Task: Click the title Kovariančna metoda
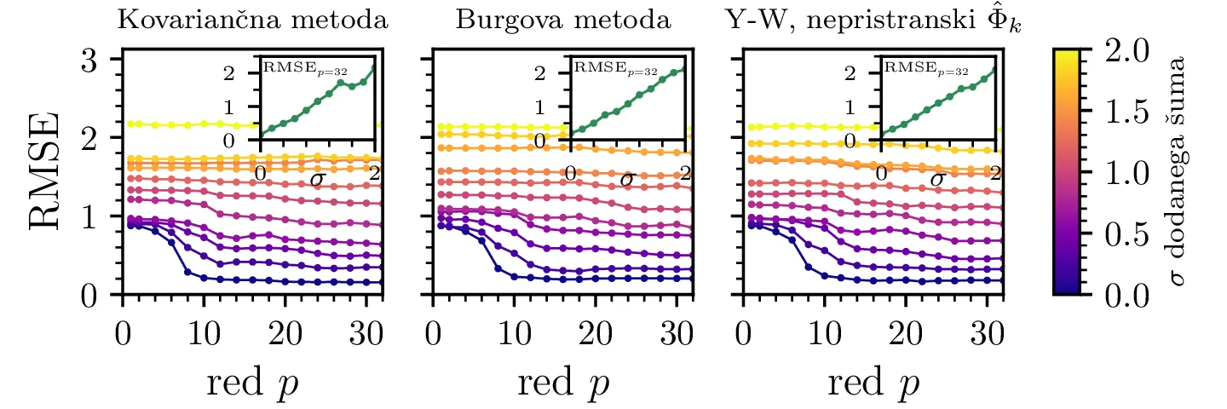point(252,20)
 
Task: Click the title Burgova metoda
point(563,20)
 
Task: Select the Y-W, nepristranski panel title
point(875,20)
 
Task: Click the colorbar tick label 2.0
point(1126,49)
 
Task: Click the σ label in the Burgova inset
point(628,180)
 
